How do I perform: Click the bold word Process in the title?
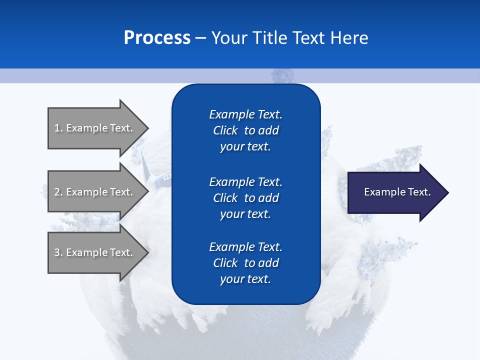click(x=157, y=38)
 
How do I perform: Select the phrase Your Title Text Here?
click(x=289, y=38)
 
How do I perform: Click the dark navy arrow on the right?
click(x=395, y=192)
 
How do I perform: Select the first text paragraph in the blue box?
click(x=245, y=130)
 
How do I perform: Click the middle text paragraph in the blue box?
click(x=245, y=198)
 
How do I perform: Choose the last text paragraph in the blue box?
click(x=245, y=263)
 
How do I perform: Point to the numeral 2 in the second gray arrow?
click(x=57, y=192)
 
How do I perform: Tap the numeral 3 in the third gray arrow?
click(x=57, y=252)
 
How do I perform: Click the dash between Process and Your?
click(x=200, y=38)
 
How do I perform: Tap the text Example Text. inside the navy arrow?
click(x=397, y=192)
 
